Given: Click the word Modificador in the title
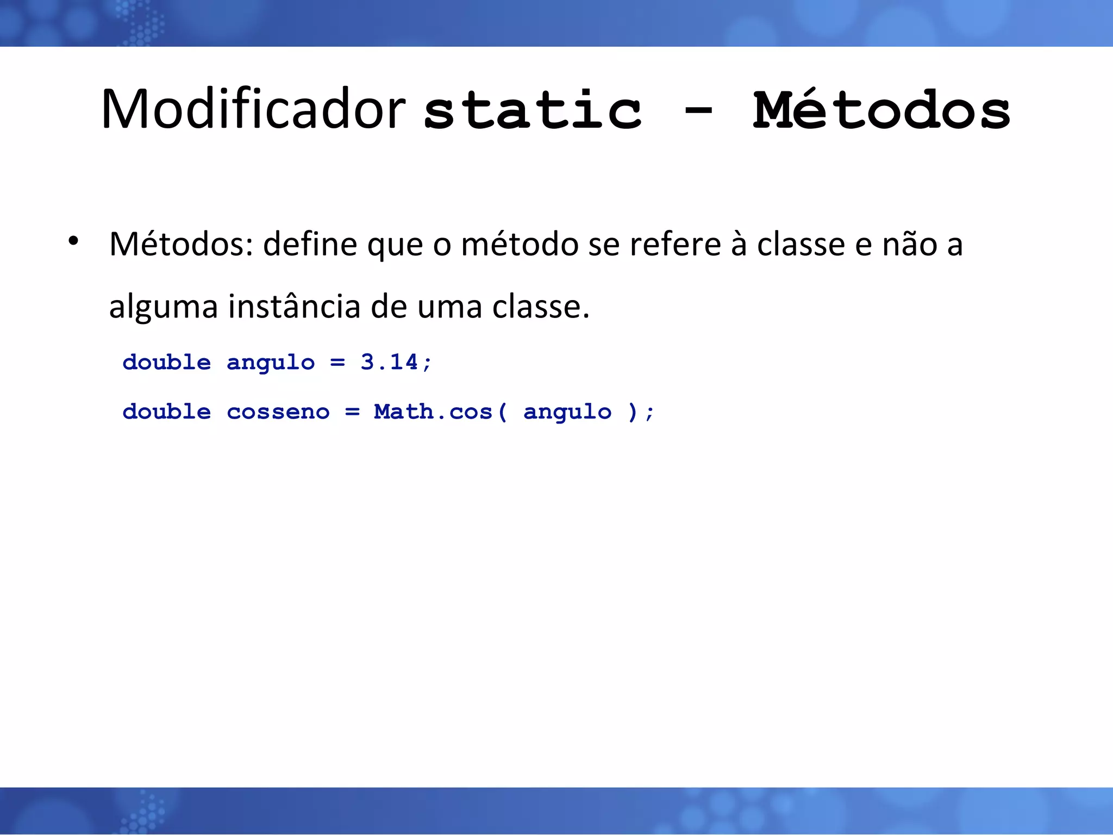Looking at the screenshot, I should click(253, 110).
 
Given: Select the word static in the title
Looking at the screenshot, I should click(533, 111).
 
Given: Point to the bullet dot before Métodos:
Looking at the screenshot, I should click(74, 241).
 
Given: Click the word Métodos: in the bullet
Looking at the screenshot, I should click(181, 244).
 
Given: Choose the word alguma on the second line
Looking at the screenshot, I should click(163, 307).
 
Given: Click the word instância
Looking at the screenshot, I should click(294, 307).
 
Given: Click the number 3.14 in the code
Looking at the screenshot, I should click(389, 362).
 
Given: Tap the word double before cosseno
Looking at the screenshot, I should click(166, 412).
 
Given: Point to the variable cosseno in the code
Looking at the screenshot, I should click(278, 412).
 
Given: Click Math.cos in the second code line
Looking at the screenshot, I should click(433, 412).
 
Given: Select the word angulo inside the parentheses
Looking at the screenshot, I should click(567, 413).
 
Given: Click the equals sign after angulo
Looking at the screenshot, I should click(337, 363).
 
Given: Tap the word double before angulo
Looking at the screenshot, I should click(166, 362).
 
